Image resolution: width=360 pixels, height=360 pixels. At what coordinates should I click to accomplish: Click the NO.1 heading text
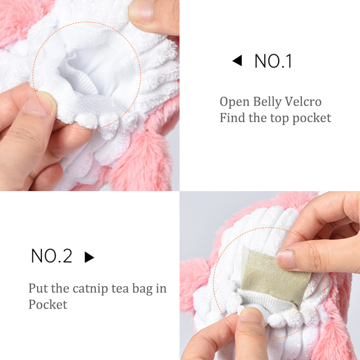click(273, 61)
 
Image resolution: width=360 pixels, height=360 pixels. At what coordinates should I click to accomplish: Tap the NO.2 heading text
click(52, 256)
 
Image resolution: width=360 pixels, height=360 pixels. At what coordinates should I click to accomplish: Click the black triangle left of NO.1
click(237, 61)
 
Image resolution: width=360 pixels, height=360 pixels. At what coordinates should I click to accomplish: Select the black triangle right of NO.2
click(89, 257)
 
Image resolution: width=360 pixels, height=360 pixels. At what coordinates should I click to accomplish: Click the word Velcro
click(303, 102)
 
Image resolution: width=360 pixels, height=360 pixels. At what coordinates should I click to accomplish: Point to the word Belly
click(267, 102)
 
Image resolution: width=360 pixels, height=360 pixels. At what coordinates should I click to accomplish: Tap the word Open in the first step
click(234, 102)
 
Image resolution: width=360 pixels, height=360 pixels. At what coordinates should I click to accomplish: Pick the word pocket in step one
click(312, 118)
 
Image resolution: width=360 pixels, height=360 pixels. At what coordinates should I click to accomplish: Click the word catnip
click(90, 289)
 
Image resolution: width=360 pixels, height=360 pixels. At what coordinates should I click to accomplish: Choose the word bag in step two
click(143, 289)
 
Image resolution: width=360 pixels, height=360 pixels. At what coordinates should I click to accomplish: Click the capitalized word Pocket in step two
click(48, 305)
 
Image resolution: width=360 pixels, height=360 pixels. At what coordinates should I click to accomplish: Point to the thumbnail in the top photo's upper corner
click(141, 12)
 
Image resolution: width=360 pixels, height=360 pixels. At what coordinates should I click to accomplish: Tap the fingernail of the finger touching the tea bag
click(286, 260)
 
